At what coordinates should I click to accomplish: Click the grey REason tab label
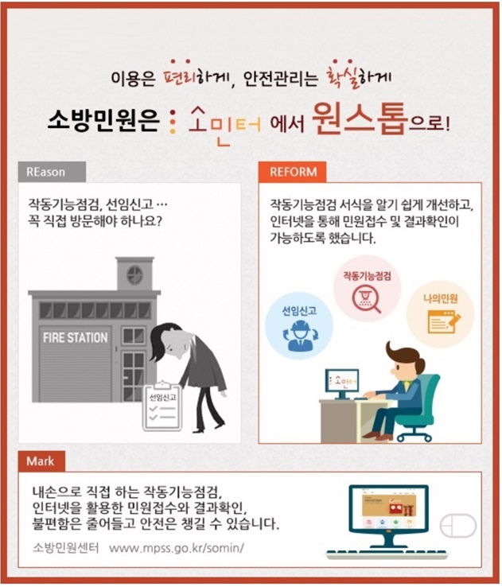[52, 172]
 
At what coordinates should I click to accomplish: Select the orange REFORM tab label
[292, 172]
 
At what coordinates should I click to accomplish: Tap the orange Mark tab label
[41, 461]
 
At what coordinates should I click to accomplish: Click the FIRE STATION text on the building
[76, 338]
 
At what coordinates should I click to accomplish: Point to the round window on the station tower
[134, 274]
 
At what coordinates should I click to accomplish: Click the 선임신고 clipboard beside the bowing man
[161, 406]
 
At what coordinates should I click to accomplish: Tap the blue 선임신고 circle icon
[298, 325]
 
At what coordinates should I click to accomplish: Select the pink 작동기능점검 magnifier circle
[367, 289]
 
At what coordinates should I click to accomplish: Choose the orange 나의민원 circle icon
[440, 313]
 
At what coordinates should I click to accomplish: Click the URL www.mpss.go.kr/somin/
[177, 548]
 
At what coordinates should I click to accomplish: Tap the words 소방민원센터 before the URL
[66, 548]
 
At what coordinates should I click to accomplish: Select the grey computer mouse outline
[457, 526]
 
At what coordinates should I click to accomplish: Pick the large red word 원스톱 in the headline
[360, 119]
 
